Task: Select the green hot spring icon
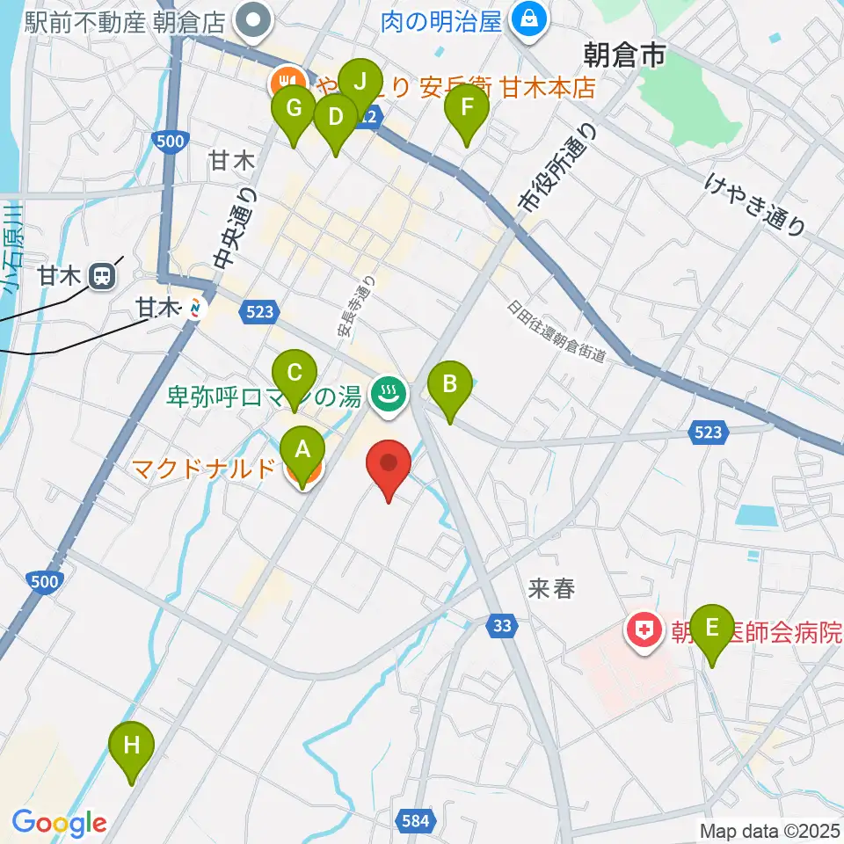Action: [x=388, y=395]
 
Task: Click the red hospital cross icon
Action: [x=644, y=630]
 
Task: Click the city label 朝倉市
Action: [x=624, y=57]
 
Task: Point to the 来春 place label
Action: [x=552, y=589]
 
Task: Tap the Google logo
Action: [x=59, y=823]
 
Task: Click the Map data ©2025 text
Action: [x=768, y=830]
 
